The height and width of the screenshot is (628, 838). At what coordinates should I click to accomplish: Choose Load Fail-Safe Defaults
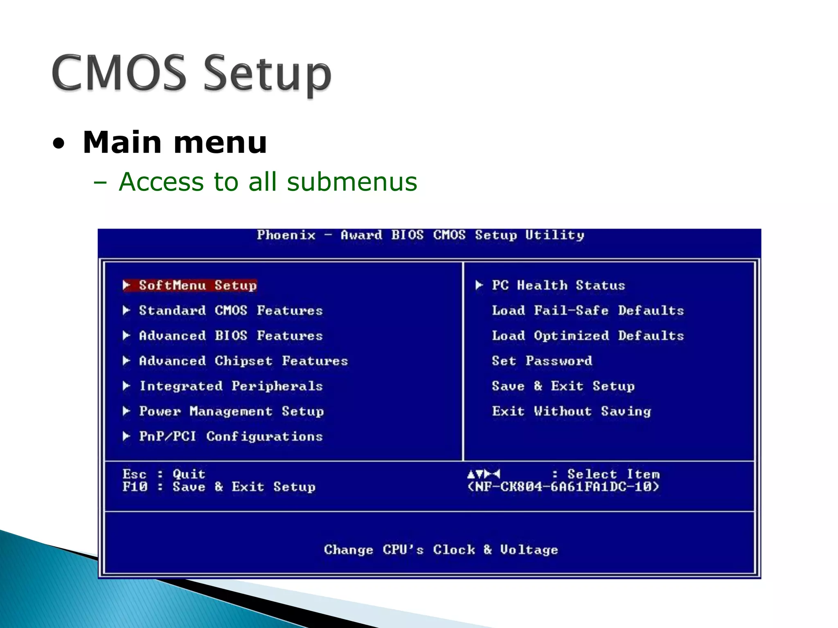coord(588,310)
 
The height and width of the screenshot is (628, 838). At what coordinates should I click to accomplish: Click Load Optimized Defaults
coord(588,336)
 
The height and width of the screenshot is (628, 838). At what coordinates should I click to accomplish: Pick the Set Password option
coord(542,361)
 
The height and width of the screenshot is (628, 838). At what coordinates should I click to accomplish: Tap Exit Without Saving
coord(571,411)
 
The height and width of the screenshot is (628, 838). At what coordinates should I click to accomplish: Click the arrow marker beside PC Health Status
coord(479,285)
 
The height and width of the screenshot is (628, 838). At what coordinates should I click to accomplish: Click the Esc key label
coord(134,474)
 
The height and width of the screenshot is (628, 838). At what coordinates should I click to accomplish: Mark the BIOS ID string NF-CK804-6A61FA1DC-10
coord(563,487)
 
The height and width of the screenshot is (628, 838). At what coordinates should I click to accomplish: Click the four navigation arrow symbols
coord(484,474)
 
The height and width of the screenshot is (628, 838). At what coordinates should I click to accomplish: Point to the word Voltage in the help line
coord(529,550)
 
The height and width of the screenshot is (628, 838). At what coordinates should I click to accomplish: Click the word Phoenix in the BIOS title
coord(286,235)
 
